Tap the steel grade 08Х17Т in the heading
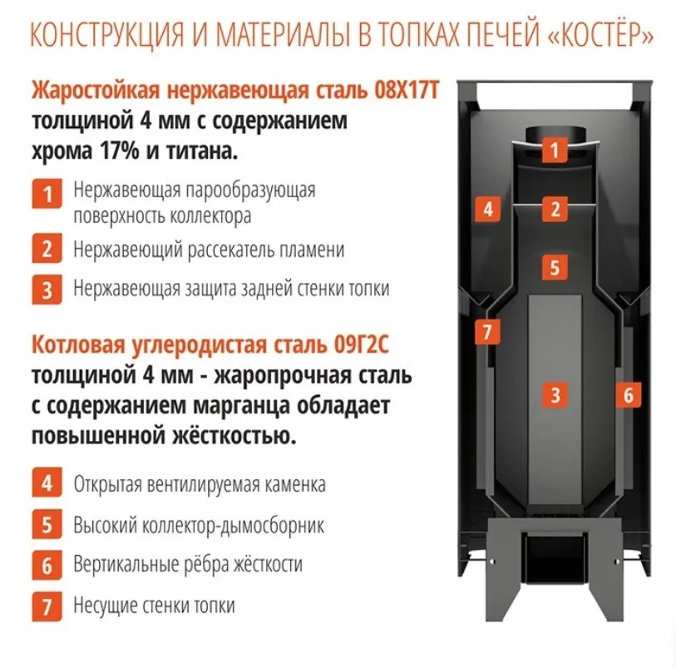[x=406, y=91]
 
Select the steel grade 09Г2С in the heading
[x=361, y=344]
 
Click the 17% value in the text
[x=120, y=151]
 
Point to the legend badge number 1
[x=47, y=194]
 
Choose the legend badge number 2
[x=47, y=249]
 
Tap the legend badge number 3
[x=47, y=289]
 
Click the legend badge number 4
[x=47, y=483]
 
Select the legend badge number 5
[x=47, y=524]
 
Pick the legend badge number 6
[x=47, y=565]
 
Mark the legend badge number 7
[x=47, y=606]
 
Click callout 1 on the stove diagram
[x=555, y=150]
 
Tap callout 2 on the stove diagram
[x=555, y=209]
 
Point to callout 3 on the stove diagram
[x=555, y=394]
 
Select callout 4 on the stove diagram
[x=487, y=209]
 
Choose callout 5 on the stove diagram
[x=555, y=267]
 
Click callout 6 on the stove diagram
[x=628, y=394]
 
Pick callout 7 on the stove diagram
[x=487, y=332]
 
